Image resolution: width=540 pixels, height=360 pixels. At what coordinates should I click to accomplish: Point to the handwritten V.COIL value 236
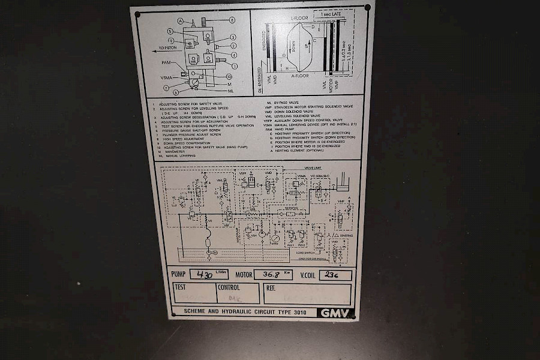click(331, 275)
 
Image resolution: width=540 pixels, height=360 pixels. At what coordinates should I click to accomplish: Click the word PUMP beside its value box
click(179, 275)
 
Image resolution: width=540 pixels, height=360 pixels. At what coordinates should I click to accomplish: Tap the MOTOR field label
click(244, 275)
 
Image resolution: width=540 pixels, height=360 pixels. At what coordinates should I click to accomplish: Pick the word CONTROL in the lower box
click(229, 288)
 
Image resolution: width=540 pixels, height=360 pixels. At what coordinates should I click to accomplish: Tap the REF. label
click(271, 288)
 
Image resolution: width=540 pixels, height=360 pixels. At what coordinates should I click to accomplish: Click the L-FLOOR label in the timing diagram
click(299, 18)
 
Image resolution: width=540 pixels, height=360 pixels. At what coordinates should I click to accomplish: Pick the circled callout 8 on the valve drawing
click(232, 20)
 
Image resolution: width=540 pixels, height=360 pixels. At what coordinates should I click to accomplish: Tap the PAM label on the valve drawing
click(166, 62)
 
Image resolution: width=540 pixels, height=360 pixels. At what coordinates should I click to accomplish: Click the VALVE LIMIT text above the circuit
click(313, 168)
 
